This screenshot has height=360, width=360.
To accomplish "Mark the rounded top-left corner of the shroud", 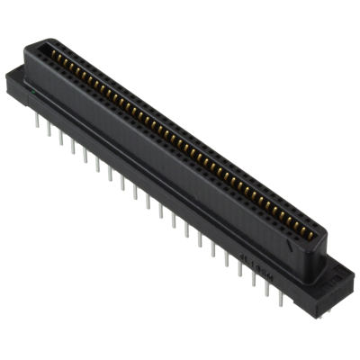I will pyautogui.click(x=38, y=45).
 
